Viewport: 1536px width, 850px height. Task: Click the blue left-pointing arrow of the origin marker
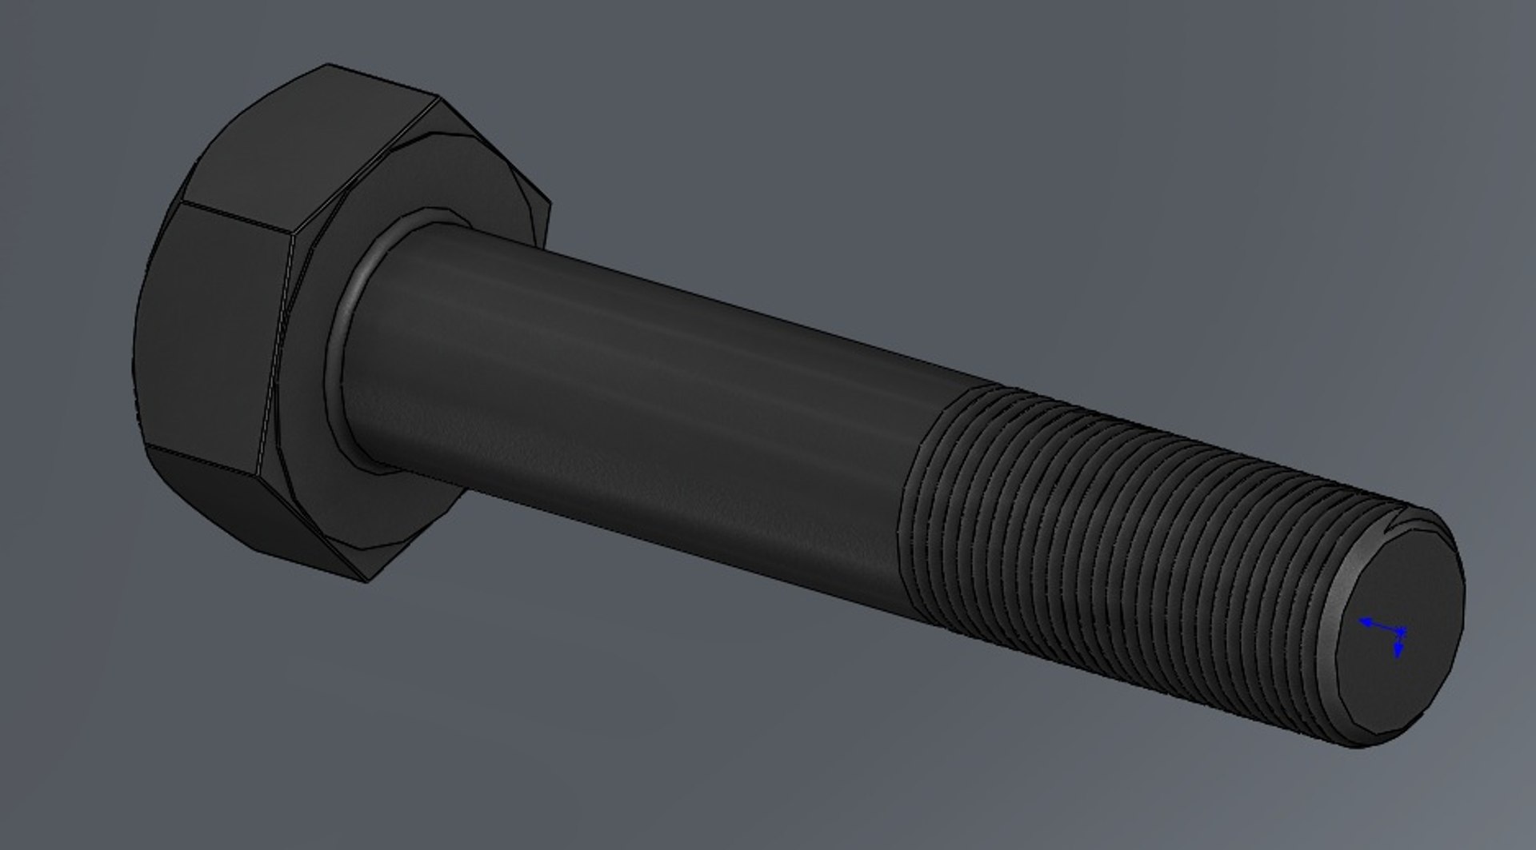(1366, 621)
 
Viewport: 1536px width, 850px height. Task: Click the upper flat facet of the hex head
(296, 144)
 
